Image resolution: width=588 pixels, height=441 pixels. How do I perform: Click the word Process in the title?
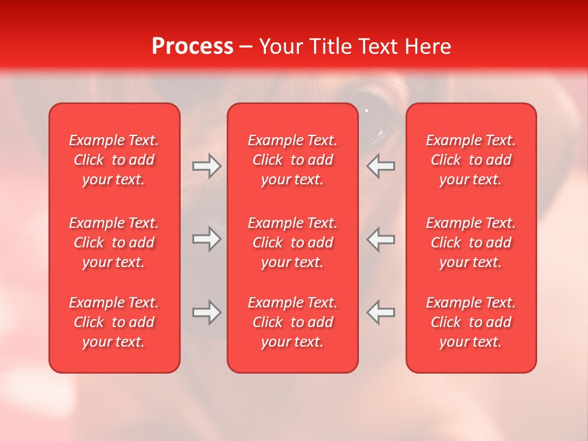[x=192, y=47]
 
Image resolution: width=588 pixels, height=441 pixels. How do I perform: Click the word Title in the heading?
[x=329, y=47]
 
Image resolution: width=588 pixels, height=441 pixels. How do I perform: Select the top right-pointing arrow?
[x=206, y=166]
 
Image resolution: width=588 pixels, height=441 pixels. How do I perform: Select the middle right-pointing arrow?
[x=206, y=239]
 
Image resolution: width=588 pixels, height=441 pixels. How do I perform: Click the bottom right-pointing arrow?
[x=206, y=312]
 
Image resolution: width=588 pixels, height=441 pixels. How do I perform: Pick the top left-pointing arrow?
[x=381, y=166]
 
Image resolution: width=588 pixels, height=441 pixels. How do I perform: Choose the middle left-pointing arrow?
[x=381, y=239]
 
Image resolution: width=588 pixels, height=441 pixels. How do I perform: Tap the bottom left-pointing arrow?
[x=381, y=312]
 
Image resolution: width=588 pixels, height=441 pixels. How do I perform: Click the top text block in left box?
[x=114, y=160]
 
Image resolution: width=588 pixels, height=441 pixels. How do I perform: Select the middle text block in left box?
[x=114, y=243]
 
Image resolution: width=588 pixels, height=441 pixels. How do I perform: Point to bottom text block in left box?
[x=114, y=322]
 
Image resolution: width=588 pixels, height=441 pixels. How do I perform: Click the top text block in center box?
[x=293, y=160]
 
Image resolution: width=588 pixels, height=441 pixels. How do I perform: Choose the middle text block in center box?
[x=293, y=243]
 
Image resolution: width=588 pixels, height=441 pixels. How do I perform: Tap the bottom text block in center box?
[x=293, y=322]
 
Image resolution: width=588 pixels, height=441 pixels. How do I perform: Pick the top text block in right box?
[x=471, y=160]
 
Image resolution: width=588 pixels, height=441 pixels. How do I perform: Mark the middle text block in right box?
[x=471, y=243]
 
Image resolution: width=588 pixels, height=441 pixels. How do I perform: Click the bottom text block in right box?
[x=471, y=322]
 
